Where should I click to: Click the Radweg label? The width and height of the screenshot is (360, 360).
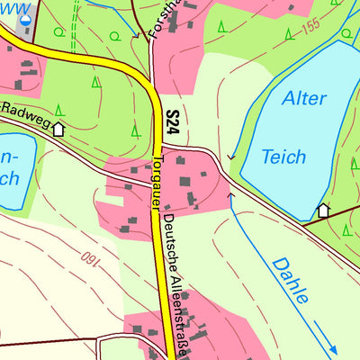coord(23,115)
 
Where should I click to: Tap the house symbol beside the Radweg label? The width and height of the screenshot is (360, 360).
coord(59,129)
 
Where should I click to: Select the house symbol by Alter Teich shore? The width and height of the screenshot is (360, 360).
coord(323,211)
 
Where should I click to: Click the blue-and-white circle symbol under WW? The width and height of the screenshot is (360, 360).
coord(26,17)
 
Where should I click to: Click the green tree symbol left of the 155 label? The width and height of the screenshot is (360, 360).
coord(287,34)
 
